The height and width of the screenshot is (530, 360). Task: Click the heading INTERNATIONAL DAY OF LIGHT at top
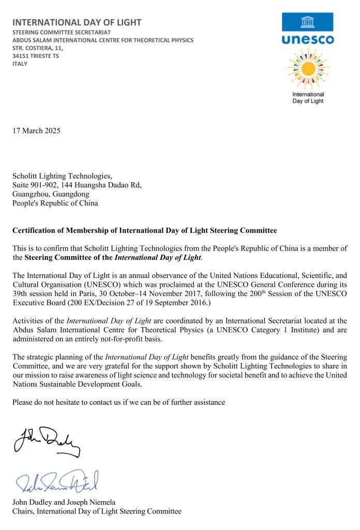77,22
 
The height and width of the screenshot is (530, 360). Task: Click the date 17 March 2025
36,130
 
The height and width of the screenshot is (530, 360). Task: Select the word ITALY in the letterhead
20,64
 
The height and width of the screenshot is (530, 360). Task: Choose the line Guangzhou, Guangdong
47,194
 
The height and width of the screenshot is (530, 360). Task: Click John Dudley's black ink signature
47,441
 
